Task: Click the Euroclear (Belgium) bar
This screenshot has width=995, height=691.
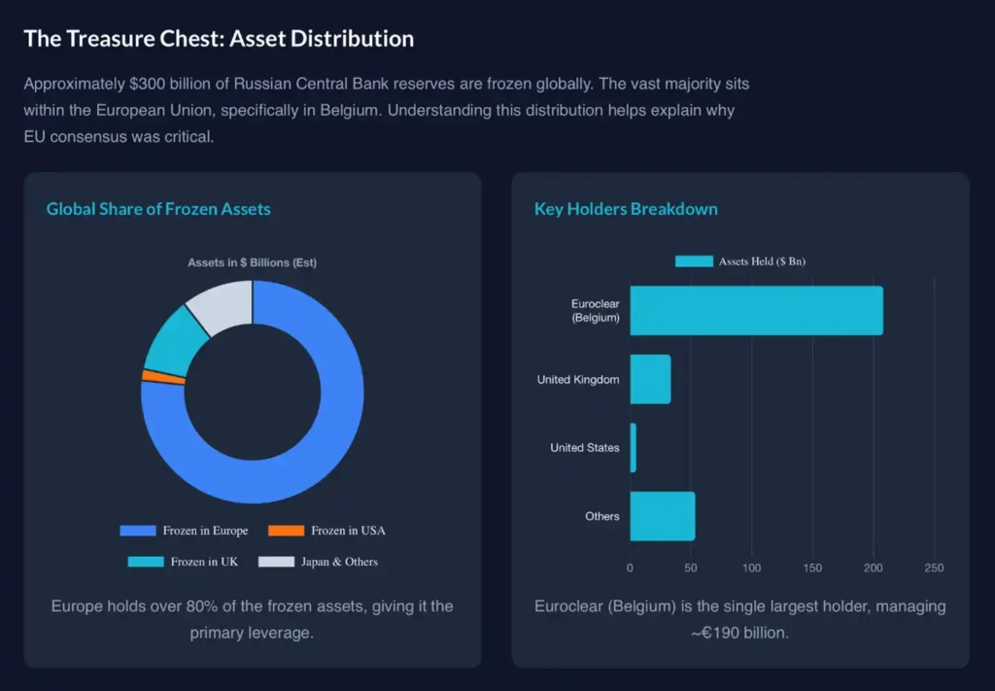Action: [756, 311]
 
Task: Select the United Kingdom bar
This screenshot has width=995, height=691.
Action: [650, 379]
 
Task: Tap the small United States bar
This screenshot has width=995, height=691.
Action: [634, 448]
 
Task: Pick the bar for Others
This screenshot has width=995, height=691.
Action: [662, 516]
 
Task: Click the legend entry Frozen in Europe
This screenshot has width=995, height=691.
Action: [184, 531]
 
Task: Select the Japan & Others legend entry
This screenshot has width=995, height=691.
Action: [322, 562]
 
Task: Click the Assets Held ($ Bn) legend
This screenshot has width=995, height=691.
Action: [740, 261]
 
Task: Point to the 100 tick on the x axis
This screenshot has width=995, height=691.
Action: [752, 568]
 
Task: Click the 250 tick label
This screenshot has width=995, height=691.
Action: [934, 568]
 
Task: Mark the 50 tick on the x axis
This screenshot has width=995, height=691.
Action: [691, 568]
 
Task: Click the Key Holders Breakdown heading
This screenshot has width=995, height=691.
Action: [626, 209]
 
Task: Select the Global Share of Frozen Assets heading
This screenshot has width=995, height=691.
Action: [158, 209]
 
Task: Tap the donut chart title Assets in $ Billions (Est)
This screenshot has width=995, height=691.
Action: [252, 262]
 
